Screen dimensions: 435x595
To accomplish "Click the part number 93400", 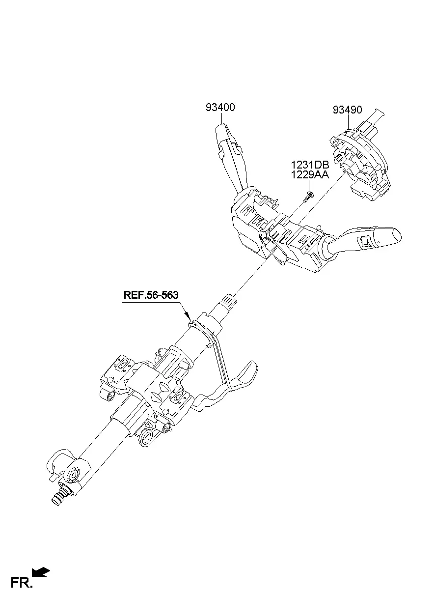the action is (220, 107).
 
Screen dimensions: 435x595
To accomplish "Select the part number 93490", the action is (348, 110).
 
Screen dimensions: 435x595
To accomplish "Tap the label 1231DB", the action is (310, 165).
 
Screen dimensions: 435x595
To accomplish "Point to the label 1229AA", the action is (310, 175).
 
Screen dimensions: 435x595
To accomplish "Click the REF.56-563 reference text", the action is (151, 295).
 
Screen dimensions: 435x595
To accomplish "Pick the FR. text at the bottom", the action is (22, 583).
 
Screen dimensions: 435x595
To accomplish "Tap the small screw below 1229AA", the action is (308, 197).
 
